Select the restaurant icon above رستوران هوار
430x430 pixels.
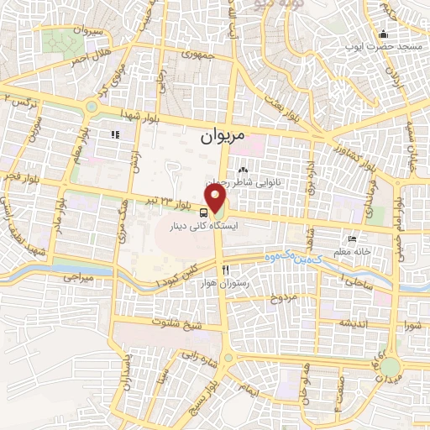coord(225,270)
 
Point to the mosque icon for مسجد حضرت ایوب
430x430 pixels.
coord(384,35)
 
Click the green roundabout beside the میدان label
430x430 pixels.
coord(391,368)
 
